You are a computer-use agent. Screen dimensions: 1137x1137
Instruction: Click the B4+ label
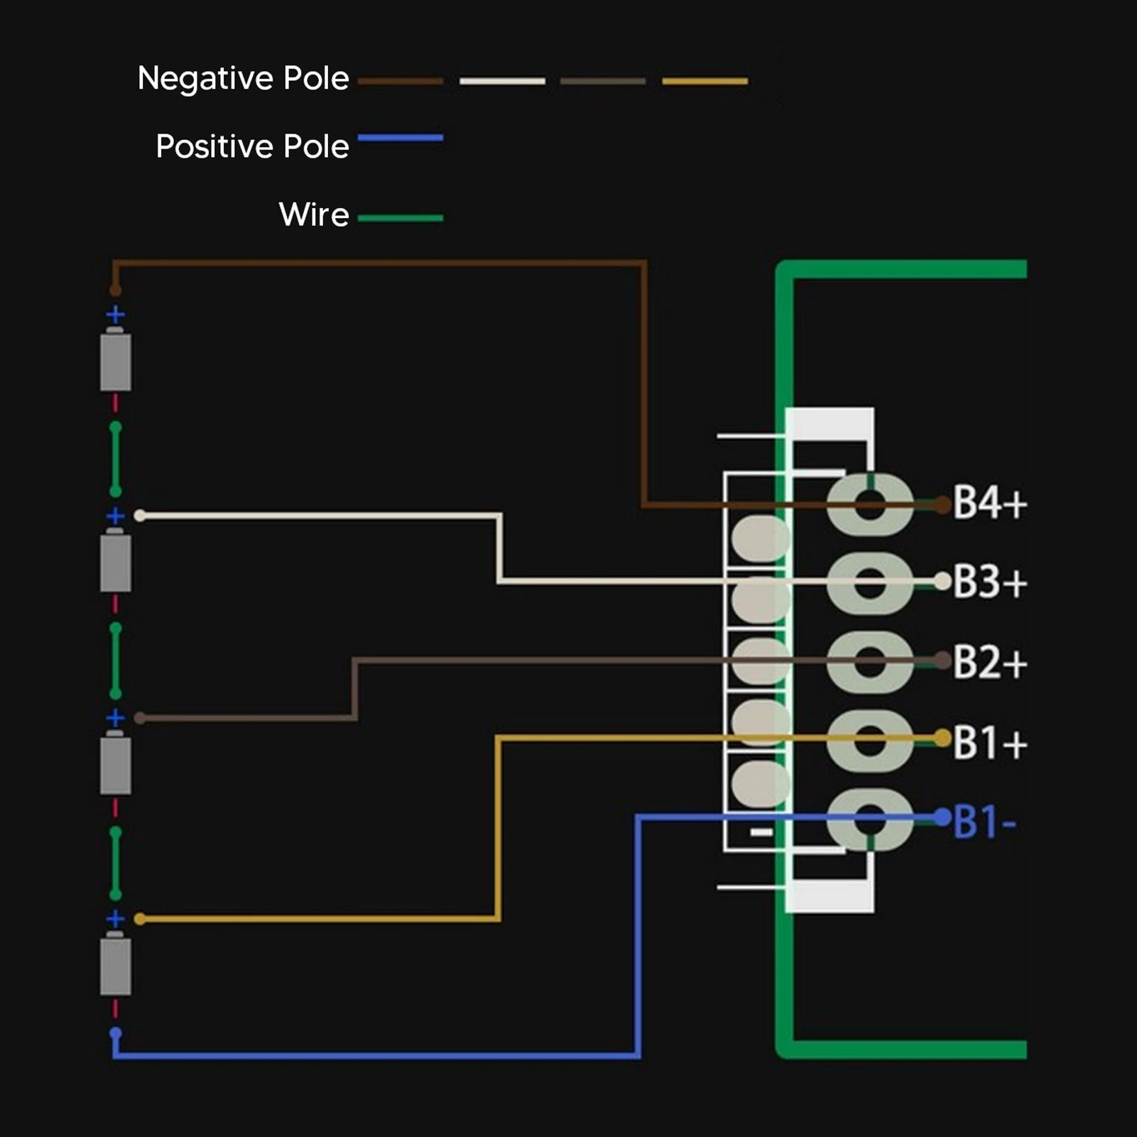pos(989,503)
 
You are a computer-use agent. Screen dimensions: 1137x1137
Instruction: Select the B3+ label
pos(989,582)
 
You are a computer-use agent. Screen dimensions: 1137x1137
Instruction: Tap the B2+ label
pos(989,662)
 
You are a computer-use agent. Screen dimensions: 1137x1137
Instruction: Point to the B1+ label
pos(989,742)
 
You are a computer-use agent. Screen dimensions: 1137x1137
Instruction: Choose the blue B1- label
pos(984,822)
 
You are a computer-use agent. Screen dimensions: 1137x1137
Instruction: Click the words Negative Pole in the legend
pos(243,78)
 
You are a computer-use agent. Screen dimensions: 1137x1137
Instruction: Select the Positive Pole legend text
pos(252,146)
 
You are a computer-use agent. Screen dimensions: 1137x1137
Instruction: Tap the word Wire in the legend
pos(314,214)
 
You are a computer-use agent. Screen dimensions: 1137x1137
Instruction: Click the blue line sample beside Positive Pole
pos(401,138)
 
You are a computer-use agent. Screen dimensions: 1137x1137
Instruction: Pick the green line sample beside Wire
pos(401,218)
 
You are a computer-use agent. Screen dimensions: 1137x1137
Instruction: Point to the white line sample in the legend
pos(502,81)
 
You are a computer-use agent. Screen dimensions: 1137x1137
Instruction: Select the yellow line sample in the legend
pos(704,81)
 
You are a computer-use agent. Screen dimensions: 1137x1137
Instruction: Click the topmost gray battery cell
pos(115,359)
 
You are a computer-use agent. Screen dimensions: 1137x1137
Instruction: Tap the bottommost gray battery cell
pos(115,964)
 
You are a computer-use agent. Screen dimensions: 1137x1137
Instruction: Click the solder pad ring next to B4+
pos(870,504)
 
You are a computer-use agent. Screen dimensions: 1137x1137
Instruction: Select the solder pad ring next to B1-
pos(870,819)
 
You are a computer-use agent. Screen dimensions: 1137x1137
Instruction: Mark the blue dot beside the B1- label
pos(942,817)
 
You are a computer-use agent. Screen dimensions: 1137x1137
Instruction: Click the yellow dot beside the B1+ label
pos(942,739)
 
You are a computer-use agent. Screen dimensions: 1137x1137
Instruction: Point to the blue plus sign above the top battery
pos(115,314)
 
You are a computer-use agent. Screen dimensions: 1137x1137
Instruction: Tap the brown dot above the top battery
pos(115,290)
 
